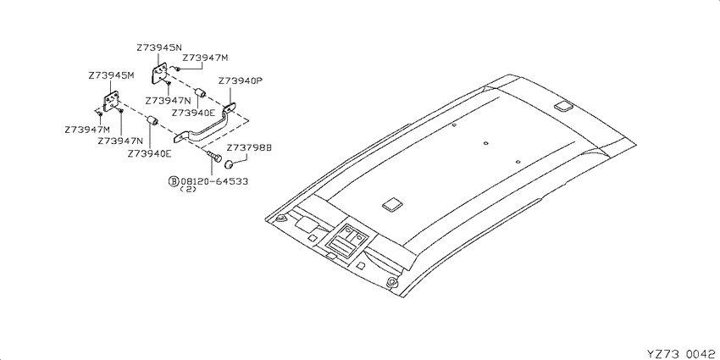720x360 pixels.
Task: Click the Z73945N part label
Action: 159,47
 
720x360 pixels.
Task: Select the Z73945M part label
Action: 111,75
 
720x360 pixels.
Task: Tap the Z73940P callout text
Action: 241,80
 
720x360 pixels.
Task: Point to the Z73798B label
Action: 249,148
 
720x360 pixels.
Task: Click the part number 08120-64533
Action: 214,181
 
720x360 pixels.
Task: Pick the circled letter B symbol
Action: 174,181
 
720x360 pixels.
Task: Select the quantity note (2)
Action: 188,189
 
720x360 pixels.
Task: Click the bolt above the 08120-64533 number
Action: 213,157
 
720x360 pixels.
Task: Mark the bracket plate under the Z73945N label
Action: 159,74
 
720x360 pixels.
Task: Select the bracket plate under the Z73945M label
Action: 111,102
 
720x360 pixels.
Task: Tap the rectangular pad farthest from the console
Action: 562,106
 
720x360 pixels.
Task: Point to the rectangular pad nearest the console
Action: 392,204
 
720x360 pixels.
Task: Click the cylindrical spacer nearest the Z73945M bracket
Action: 152,121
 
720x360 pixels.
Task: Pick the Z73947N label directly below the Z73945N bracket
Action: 167,100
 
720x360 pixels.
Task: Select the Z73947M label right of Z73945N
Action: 205,58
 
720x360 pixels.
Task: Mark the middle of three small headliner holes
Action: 485,143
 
